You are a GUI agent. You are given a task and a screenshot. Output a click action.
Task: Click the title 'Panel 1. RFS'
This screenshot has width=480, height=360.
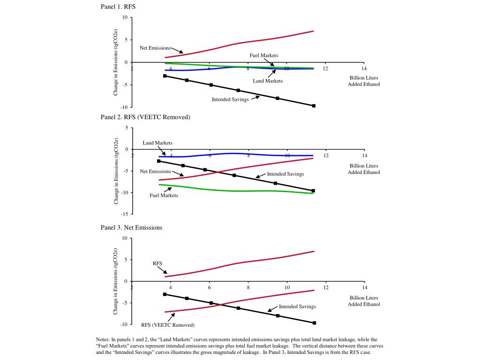click(118, 7)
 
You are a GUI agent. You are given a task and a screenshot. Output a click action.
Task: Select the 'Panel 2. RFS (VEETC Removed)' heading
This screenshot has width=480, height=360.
click(145, 117)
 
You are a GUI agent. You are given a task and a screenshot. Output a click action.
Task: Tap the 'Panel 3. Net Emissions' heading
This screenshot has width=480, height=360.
click(131, 227)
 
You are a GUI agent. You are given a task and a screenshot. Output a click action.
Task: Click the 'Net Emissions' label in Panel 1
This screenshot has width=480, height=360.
click(155, 48)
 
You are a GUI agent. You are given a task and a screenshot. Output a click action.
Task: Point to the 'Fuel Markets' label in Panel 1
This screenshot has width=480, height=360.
click(264, 55)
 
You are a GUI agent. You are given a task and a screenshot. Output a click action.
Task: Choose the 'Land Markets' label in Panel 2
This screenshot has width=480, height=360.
click(157, 143)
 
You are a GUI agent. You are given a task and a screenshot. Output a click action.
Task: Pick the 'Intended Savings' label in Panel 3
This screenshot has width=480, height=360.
click(297, 307)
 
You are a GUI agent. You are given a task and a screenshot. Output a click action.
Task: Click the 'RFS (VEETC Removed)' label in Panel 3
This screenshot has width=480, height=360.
click(168, 325)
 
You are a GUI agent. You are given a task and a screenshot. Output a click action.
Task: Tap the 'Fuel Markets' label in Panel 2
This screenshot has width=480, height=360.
click(164, 195)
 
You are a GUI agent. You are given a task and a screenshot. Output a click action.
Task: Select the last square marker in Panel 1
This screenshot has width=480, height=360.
click(314, 106)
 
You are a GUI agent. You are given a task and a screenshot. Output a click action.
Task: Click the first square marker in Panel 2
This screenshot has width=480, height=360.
click(158, 161)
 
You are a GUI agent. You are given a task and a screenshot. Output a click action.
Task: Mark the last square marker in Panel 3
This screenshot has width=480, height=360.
click(315, 323)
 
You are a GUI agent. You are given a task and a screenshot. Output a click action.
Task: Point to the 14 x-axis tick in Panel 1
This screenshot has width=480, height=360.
click(364, 68)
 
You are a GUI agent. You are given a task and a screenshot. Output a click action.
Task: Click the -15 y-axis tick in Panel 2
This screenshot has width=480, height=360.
click(125, 214)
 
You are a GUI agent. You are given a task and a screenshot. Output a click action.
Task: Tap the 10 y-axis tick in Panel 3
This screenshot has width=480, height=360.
click(125, 238)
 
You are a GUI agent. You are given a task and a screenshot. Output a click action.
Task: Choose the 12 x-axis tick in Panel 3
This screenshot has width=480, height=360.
click(326, 287)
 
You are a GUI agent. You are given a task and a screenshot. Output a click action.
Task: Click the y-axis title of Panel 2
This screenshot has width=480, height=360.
click(116, 171)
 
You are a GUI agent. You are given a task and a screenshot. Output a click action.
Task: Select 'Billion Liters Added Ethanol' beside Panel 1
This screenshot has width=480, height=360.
click(364, 81)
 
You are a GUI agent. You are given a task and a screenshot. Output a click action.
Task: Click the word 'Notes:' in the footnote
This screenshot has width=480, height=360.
click(103, 339)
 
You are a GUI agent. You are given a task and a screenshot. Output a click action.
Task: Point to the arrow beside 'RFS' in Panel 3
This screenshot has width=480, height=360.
click(163, 270)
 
